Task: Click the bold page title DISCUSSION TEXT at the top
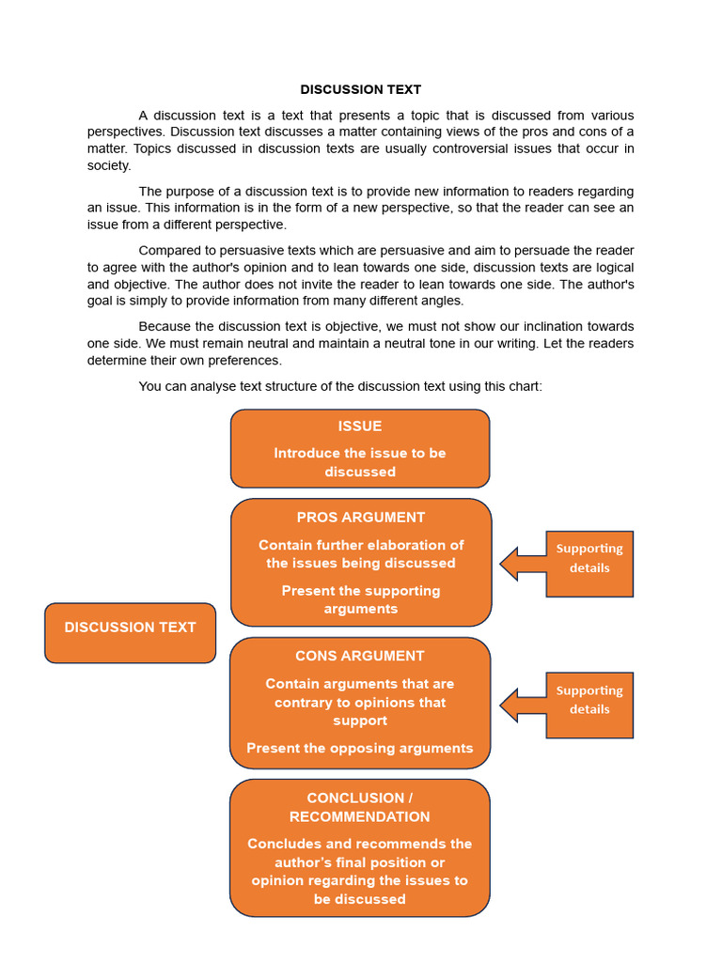tap(360, 89)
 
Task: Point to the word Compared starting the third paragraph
tap(170, 250)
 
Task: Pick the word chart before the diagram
tap(522, 386)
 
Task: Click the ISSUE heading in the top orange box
tap(360, 426)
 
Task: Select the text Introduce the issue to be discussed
tap(360, 462)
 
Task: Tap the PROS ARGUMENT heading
tap(360, 517)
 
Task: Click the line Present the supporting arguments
tap(360, 599)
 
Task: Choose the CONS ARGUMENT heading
tap(360, 656)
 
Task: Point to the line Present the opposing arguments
tap(360, 748)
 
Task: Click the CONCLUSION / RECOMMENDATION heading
tap(360, 807)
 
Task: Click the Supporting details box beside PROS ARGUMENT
tap(589, 563)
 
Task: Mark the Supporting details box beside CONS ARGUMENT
tap(589, 705)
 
